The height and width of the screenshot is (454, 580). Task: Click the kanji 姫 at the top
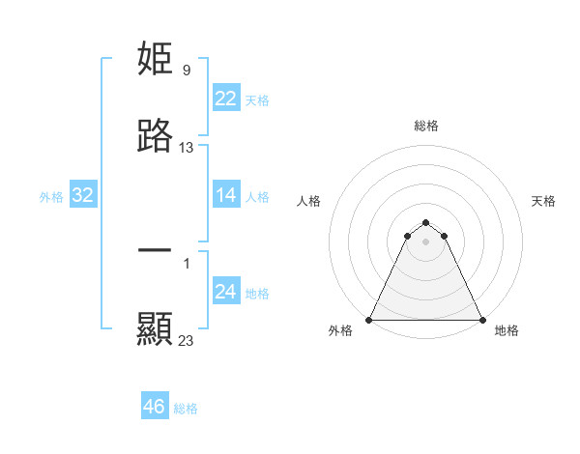(x=156, y=61)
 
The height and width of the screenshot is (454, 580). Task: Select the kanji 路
(x=156, y=137)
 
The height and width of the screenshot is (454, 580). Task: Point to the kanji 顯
(x=156, y=329)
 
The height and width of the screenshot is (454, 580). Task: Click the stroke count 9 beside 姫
(x=187, y=71)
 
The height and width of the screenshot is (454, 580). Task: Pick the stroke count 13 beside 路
(x=187, y=148)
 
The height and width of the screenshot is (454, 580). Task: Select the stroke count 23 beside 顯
(x=187, y=340)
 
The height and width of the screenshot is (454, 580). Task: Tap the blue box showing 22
(x=226, y=99)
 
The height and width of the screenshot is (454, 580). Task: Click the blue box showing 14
(x=226, y=195)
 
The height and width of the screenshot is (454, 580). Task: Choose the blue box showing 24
(x=226, y=292)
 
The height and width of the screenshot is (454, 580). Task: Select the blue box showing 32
(x=83, y=195)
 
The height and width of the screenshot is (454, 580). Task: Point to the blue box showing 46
(x=155, y=407)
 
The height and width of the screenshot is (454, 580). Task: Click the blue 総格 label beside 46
(x=186, y=409)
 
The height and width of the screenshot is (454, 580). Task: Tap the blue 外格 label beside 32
(x=51, y=197)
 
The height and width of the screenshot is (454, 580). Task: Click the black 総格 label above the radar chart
(x=425, y=126)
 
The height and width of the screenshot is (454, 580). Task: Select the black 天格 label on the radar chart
(x=543, y=201)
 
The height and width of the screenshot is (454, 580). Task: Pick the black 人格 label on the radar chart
(x=309, y=201)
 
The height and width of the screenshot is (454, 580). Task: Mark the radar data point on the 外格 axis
(x=369, y=320)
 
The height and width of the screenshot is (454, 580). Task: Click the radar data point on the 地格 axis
(x=481, y=320)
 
